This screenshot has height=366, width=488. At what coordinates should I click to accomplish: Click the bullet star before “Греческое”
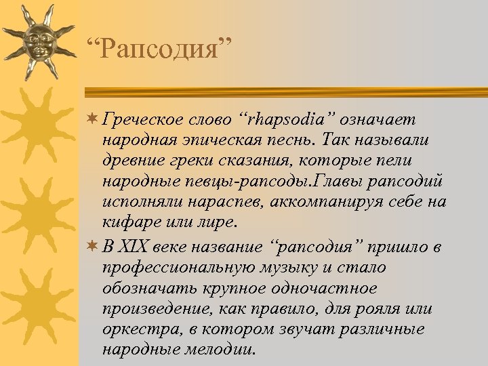[x=91, y=119]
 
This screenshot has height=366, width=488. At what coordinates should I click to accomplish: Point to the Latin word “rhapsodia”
[x=288, y=119]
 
